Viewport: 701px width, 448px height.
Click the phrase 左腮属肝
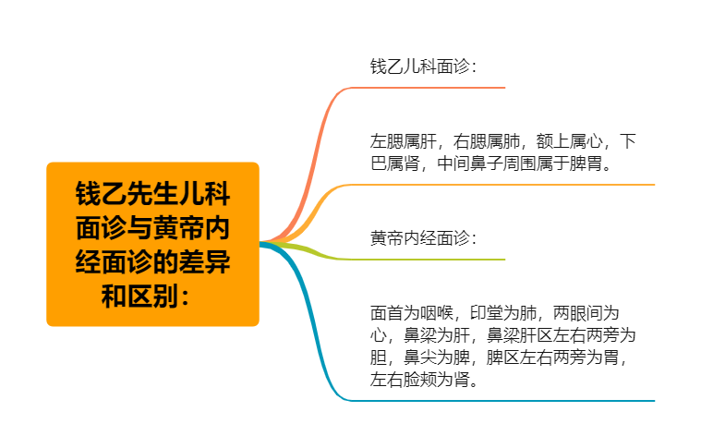pos(404,141)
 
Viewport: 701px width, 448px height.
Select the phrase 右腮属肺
pos(487,141)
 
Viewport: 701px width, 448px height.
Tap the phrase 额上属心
pos(570,141)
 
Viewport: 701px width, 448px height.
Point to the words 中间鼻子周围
pos(487,163)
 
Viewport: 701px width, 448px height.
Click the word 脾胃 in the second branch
pos(586,163)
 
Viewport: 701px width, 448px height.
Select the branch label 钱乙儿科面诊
pos(420,67)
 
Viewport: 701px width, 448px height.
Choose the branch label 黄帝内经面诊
pos(420,238)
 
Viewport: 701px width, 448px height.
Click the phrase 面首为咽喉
pos(412,313)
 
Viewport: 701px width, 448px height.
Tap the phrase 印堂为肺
pos(503,313)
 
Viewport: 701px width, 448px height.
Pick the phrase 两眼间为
pos(586,313)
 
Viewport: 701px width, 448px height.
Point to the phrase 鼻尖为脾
pos(436,357)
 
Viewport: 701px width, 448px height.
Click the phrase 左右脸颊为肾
pos(420,380)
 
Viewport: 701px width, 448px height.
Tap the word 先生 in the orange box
pos(152,194)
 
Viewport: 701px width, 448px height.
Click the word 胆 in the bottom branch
pos(379,357)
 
